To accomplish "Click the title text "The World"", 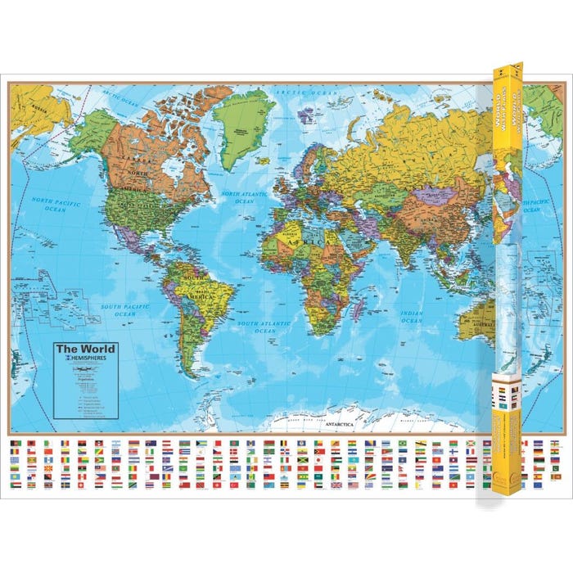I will pyautogui.click(x=85, y=348).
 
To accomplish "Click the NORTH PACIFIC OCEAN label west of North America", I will pyautogui.click(x=56, y=203).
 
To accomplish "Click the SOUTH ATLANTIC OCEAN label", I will pyautogui.click(x=264, y=327).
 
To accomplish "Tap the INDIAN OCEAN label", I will pyautogui.click(x=412, y=317).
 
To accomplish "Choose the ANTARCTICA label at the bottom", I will pyautogui.click(x=338, y=423).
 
